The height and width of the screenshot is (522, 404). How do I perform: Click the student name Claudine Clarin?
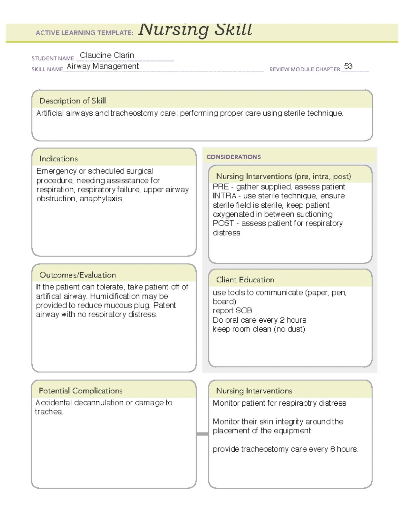click(x=107, y=55)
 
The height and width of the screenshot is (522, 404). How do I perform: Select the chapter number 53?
click(x=348, y=66)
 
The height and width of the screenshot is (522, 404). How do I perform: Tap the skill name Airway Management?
click(x=103, y=66)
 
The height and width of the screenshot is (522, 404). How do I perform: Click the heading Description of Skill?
click(x=72, y=101)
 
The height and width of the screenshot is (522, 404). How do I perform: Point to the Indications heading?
click(x=58, y=159)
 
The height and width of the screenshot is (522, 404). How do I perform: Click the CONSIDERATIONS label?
click(x=234, y=157)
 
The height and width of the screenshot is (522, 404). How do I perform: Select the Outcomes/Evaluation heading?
click(x=77, y=275)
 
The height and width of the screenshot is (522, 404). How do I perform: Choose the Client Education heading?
click(x=245, y=280)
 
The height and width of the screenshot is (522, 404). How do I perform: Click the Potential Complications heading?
click(x=80, y=391)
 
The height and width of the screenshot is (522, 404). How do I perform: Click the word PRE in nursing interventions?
click(x=221, y=187)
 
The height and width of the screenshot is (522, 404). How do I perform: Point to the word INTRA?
click(x=224, y=196)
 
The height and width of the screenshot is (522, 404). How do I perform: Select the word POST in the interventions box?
click(x=223, y=223)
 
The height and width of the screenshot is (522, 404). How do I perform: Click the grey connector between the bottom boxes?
click(x=202, y=434)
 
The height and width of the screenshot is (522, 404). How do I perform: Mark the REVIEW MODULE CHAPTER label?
click(x=304, y=69)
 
